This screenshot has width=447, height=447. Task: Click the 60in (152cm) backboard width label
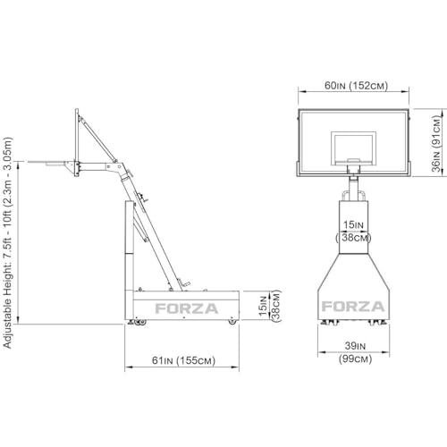click(357, 86)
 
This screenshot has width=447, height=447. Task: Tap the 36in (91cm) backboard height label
click(436, 144)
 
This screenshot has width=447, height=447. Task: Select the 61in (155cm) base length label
click(183, 360)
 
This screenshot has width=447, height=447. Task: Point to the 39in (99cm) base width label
click(355, 352)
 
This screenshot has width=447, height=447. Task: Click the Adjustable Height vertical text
click(7, 243)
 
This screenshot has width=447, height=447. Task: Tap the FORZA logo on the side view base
click(187, 308)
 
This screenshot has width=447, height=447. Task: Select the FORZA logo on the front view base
click(353, 307)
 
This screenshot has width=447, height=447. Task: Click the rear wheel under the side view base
click(232, 322)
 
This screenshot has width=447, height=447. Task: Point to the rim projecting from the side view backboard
click(47, 163)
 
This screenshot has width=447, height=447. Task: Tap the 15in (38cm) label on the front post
click(353, 232)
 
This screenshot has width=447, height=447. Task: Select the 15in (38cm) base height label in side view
click(270, 306)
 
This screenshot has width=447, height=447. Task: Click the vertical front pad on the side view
click(130, 261)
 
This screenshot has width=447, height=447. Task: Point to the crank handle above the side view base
click(183, 283)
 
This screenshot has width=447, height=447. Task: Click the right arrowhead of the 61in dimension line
click(236, 367)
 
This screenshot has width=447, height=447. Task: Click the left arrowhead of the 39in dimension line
click(321, 352)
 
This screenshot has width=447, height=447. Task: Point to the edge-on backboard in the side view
click(77, 142)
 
